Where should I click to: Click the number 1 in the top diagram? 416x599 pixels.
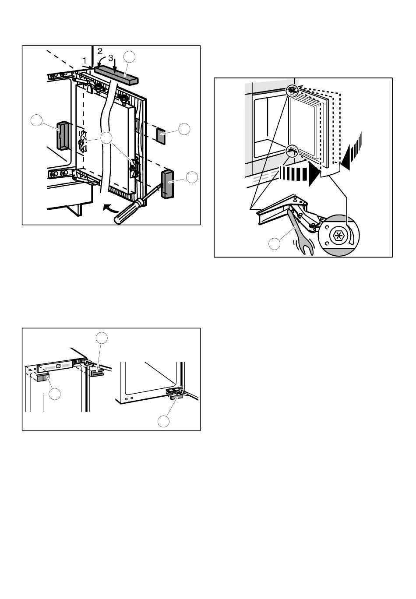tap(85, 60)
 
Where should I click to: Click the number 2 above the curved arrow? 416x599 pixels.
tap(100, 51)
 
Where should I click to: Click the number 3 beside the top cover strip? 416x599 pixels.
tap(111, 58)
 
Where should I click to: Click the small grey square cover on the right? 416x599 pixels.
tap(161, 135)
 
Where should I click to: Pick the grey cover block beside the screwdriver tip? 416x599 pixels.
tap(167, 184)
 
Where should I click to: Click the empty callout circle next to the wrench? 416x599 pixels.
tap(274, 243)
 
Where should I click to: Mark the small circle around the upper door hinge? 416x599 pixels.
tap(292, 91)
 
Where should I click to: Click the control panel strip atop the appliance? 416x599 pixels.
tap(55, 368)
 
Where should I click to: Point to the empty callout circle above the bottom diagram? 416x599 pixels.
tap(102, 338)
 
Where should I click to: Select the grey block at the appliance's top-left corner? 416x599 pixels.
tap(43, 378)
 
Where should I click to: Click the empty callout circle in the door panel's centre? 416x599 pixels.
tap(106, 138)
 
